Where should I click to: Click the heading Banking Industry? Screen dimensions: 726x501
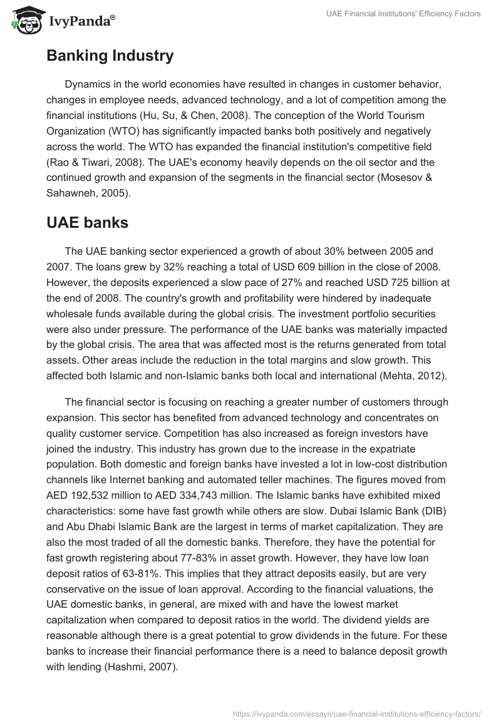(110, 56)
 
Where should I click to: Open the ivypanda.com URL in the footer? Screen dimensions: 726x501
(356, 713)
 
